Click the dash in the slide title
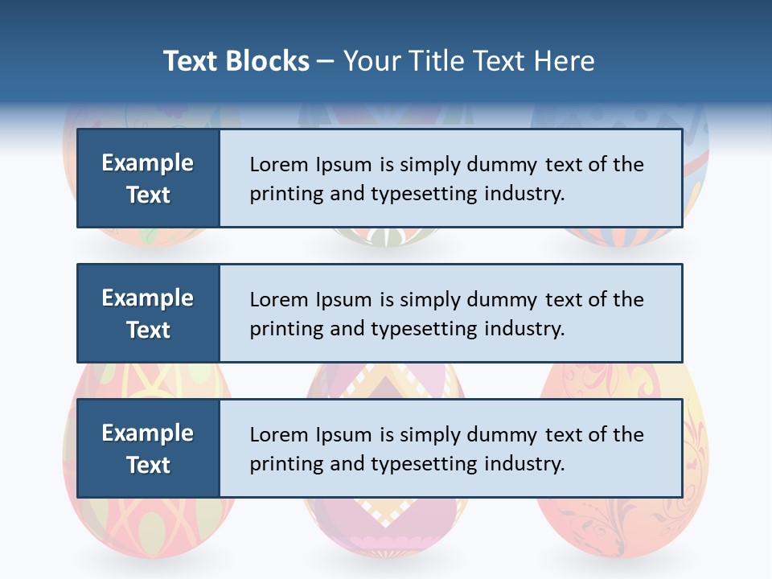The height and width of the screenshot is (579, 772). [x=326, y=61]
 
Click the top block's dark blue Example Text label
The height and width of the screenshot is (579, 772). [x=148, y=179]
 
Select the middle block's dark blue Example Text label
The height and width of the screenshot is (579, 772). [x=148, y=314]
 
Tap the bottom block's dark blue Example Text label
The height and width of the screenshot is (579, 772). [x=148, y=449]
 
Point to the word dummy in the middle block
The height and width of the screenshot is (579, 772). [x=503, y=300]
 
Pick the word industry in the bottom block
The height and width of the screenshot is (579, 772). [x=524, y=464]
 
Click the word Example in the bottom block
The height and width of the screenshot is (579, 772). [x=148, y=433]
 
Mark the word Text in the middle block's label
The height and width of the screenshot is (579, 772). [x=148, y=330]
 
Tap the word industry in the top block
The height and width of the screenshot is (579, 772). [x=524, y=194]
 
